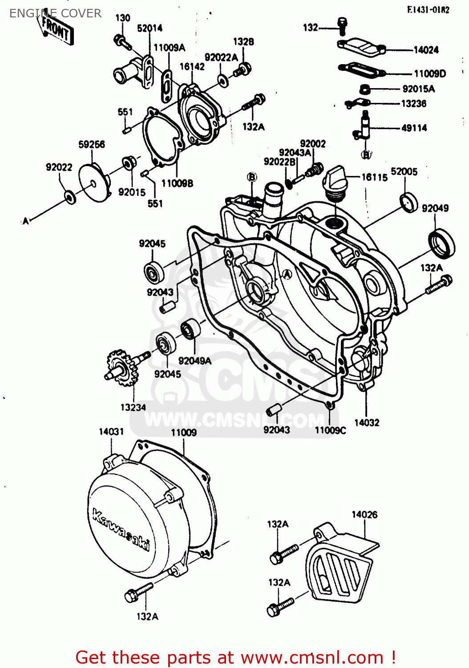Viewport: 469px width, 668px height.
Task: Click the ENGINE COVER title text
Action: click(55, 13)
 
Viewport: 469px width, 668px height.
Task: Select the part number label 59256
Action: click(92, 144)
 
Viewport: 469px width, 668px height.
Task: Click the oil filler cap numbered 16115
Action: click(335, 180)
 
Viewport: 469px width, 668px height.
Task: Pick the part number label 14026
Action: click(364, 515)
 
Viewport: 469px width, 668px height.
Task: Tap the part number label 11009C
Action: click(330, 430)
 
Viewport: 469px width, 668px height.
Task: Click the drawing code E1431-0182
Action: click(428, 10)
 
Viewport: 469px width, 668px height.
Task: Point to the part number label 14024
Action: click(426, 50)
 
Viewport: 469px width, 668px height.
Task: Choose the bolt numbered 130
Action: click(122, 42)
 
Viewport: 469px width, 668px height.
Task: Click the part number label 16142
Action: click(192, 67)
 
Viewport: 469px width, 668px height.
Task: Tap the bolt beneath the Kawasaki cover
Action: click(138, 593)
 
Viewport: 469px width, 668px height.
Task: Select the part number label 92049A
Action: click(194, 361)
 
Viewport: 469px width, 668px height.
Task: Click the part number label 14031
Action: click(111, 432)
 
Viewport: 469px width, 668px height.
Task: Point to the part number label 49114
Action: click(414, 128)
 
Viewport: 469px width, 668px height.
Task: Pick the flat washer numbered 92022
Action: click(70, 196)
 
